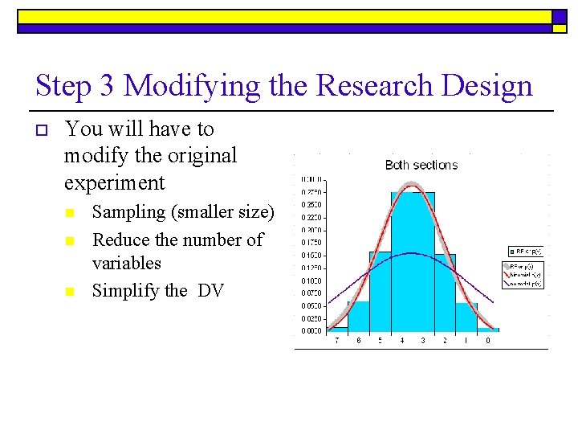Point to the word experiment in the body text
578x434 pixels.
[114, 182]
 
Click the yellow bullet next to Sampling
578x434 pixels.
[70, 214]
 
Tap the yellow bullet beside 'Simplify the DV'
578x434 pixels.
[70, 292]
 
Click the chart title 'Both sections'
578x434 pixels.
[421, 165]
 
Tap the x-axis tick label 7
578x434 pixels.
[336, 341]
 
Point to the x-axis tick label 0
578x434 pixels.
[488, 341]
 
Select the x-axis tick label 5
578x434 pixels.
[380, 341]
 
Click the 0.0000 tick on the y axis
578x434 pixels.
[312, 330]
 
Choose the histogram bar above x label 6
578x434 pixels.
[358, 315]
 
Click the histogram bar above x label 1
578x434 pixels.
[466, 316]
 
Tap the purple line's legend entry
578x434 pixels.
[527, 282]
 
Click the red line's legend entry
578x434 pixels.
[527, 273]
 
